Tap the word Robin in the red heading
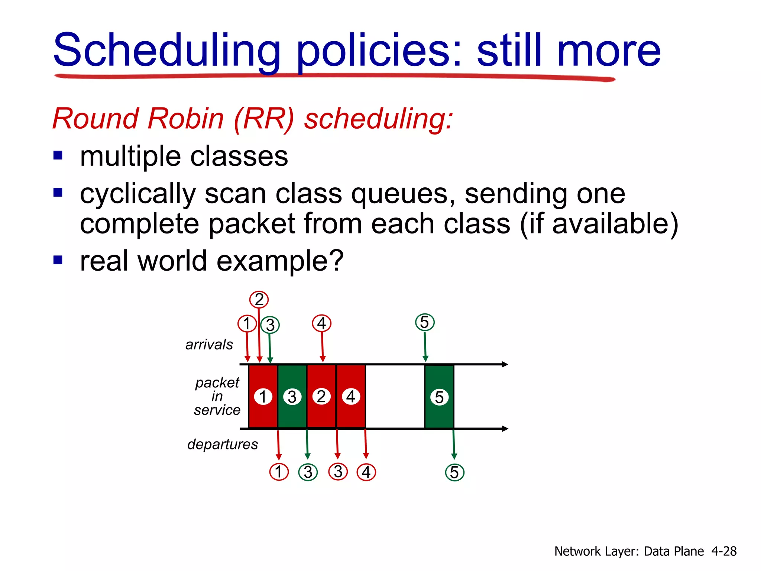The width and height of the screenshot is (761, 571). [x=186, y=119]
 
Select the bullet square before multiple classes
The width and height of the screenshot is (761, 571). [x=58, y=155]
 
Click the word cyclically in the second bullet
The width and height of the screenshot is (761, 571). [x=137, y=194]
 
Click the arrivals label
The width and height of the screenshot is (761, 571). [x=209, y=345]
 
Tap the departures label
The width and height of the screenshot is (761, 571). [x=222, y=444]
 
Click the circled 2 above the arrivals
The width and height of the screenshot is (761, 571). [x=259, y=300]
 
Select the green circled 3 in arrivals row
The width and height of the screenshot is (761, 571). [x=270, y=325]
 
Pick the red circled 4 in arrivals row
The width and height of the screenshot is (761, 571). [x=322, y=323]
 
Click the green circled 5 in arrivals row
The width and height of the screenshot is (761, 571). [x=425, y=322]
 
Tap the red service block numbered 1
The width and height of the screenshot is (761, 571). [x=263, y=396]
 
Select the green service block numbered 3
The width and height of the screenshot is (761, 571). [x=292, y=396]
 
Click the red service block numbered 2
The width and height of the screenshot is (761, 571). [x=321, y=396]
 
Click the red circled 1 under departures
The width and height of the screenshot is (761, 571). [x=279, y=472]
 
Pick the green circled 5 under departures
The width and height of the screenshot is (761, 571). [x=454, y=472]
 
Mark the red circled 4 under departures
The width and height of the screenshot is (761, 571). [x=366, y=472]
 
